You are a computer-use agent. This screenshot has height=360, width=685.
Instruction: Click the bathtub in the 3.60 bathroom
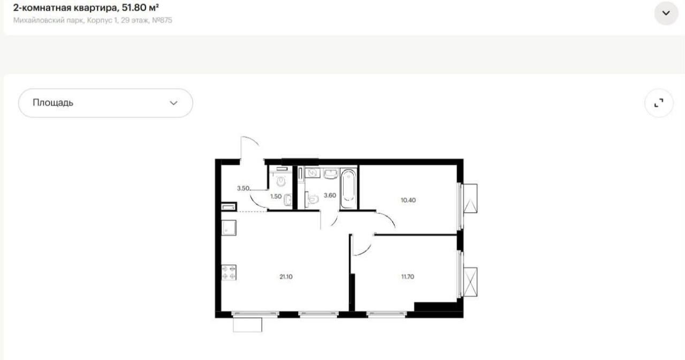tap(348, 189)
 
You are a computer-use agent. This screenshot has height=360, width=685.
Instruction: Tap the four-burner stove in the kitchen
tap(229, 273)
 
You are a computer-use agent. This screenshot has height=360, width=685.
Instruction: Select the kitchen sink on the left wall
tap(229, 228)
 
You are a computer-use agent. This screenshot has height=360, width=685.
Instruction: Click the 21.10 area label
tap(286, 277)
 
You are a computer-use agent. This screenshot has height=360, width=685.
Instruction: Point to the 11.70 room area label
tap(408, 277)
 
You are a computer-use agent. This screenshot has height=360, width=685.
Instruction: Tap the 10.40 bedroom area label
tap(408, 201)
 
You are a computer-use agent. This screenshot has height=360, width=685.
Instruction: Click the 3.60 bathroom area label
tap(330, 196)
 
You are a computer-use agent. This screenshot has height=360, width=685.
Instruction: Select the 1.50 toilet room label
tap(276, 196)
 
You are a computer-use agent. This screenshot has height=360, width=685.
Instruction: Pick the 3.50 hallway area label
tap(243, 188)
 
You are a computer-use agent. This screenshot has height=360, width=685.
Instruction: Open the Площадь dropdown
tap(105, 103)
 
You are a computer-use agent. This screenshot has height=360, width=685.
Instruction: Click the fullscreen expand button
tap(659, 103)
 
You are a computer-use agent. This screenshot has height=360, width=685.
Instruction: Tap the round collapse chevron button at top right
tap(666, 13)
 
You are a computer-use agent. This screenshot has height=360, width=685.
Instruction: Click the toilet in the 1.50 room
tap(281, 181)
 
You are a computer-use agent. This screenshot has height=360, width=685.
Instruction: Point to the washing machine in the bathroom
tap(313, 173)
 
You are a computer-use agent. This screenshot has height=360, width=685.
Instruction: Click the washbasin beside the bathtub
tap(331, 174)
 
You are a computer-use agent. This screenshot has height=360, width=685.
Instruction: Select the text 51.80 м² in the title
tap(140, 7)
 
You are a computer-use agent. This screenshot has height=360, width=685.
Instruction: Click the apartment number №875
tap(162, 20)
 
